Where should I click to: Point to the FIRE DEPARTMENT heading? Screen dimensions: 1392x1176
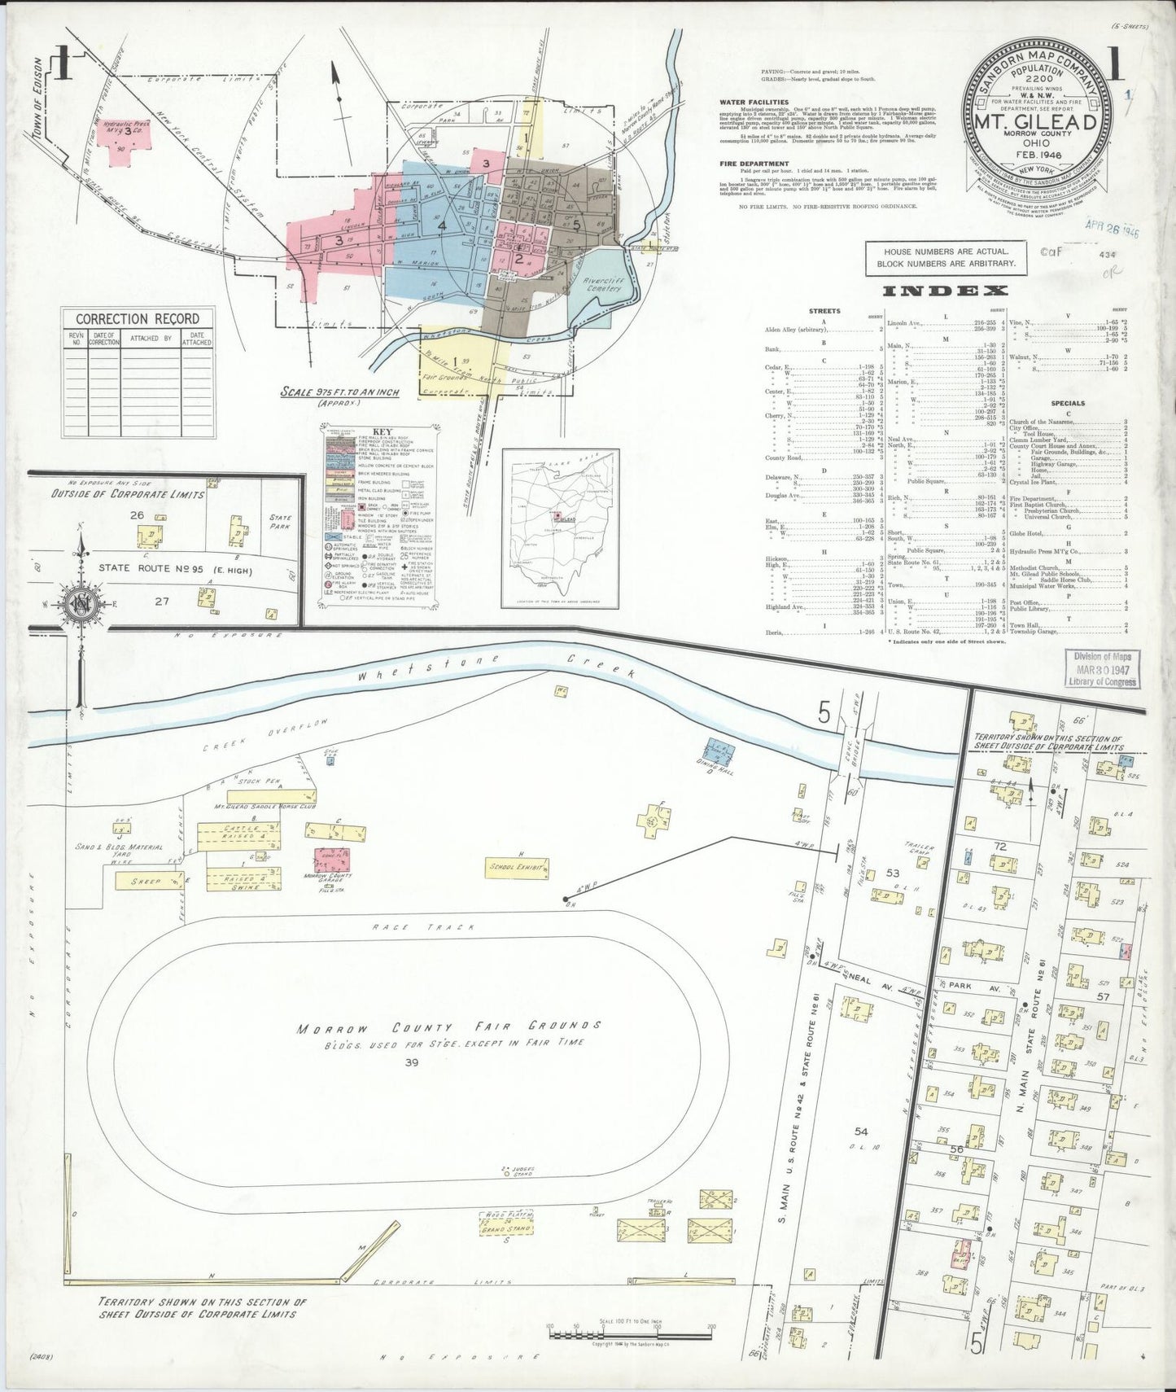click(750, 163)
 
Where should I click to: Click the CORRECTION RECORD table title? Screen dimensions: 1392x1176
click(137, 318)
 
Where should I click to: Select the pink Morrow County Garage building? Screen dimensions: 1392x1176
click(330, 862)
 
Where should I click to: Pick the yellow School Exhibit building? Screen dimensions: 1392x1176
click(515, 869)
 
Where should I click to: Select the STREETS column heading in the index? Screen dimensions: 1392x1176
click(824, 310)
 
